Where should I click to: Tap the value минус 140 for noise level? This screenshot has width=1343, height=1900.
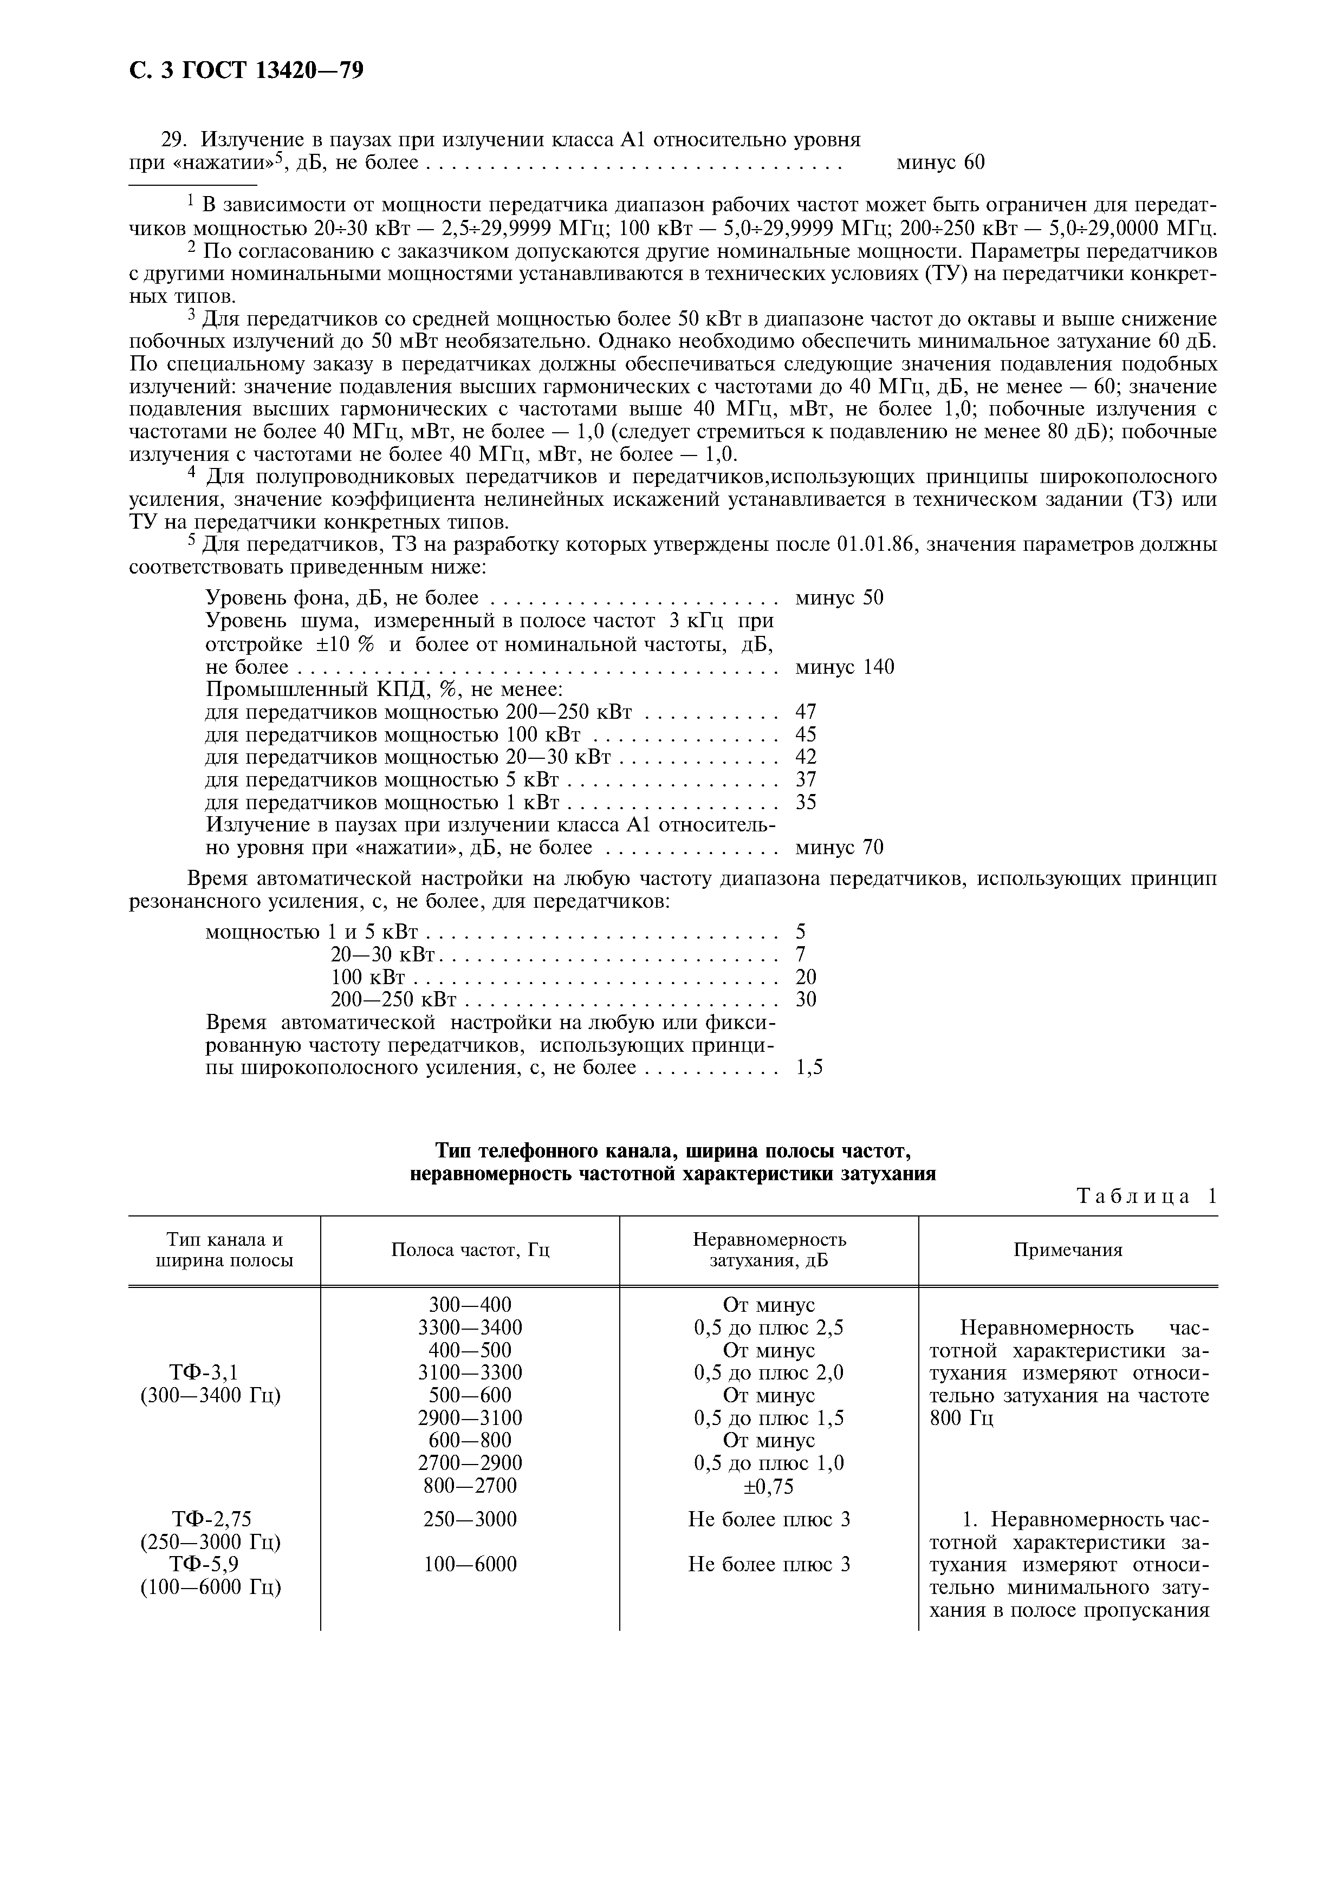pyautogui.click(x=844, y=667)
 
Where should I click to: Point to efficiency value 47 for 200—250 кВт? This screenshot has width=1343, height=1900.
pyautogui.click(x=805, y=712)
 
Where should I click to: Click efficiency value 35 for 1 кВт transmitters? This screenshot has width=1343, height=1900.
pyautogui.click(x=805, y=802)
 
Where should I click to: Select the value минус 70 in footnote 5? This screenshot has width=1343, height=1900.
pyautogui.click(x=838, y=848)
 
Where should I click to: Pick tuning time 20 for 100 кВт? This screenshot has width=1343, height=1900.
pyautogui.click(x=805, y=977)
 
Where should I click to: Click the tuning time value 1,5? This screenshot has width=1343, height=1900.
pyautogui.click(x=808, y=1068)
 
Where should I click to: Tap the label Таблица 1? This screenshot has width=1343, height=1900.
pyautogui.click(x=1146, y=1196)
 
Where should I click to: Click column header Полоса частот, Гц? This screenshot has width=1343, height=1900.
pyautogui.click(x=470, y=1250)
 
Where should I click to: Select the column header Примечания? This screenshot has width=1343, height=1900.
pyautogui.click(x=1067, y=1250)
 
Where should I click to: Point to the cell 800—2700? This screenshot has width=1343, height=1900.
pyautogui.click(x=470, y=1486)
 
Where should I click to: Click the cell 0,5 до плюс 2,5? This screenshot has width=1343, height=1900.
pyautogui.click(x=769, y=1328)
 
